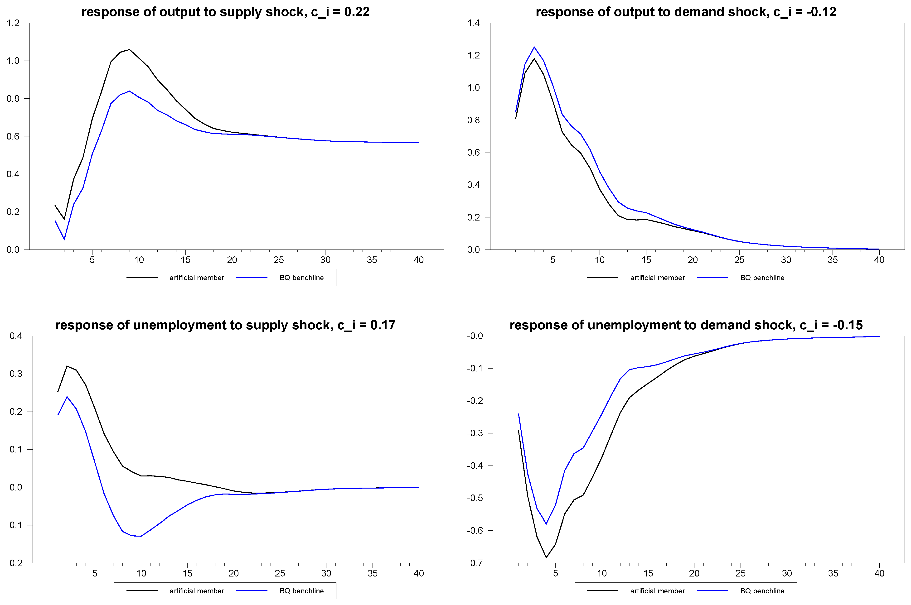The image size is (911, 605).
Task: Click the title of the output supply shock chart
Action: pyautogui.click(x=225, y=12)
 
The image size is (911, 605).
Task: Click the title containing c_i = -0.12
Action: pyautogui.click(x=686, y=12)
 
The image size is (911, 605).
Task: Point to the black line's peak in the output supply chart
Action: pyautogui.click(x=129, y=49)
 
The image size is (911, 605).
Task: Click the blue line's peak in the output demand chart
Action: pyautogui.click(x=534, y=47)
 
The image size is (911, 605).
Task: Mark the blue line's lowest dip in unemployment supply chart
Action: pyautogui.click(x=141, y=536)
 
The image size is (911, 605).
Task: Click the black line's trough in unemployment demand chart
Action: pyautogui.click(x=546, y=557)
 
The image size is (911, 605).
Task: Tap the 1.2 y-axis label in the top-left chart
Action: pyautogui.click(x=13, y=23)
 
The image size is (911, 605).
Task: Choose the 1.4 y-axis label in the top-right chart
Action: pyautogui.click(x=474, y=23)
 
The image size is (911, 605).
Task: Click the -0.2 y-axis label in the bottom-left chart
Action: pyautogui.click(x=14, y=563)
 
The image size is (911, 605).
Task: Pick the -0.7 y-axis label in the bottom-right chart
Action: pyautogui.click(x=475, y=563)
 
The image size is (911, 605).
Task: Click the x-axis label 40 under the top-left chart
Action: pyautogui.click(x=418, y=260)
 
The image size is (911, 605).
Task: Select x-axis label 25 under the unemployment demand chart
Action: pyautogui.click(x=740, y=573)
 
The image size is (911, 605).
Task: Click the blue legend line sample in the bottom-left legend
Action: pyautogui.click(x=252, y=591)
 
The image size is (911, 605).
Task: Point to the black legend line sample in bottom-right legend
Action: pyautogui.click(x=603, y=591)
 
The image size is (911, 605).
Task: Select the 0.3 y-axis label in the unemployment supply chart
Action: pyautogui.click(x=16, y=374)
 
